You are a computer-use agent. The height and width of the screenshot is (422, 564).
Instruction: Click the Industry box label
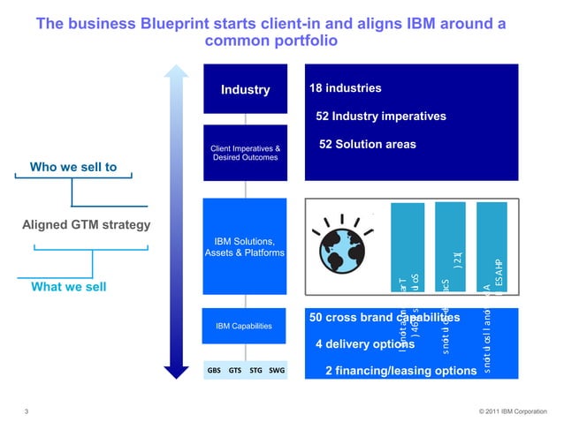pos(245,90)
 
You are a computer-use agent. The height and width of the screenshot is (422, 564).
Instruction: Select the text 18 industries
pos(345,88)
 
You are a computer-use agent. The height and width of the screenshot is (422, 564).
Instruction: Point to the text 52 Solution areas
pos(366,145)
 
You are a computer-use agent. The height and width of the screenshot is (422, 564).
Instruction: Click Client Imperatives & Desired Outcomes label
pos(245,153)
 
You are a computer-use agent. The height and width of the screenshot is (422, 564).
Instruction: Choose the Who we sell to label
pos(72,167)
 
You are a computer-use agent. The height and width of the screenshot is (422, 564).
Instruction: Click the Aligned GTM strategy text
pos(86,223)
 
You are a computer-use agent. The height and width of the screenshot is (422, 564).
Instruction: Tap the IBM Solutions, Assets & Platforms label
pos(245,247)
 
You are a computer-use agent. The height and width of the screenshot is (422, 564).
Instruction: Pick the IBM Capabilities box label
pos(245,327)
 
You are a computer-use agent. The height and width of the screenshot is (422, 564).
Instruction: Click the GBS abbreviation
pos(214,371)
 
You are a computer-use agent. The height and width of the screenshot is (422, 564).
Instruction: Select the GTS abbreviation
pos(235,371)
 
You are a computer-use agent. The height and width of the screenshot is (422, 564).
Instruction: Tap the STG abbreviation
pos(256,371)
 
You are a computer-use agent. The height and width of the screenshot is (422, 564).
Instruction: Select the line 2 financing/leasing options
pos(400,371)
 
